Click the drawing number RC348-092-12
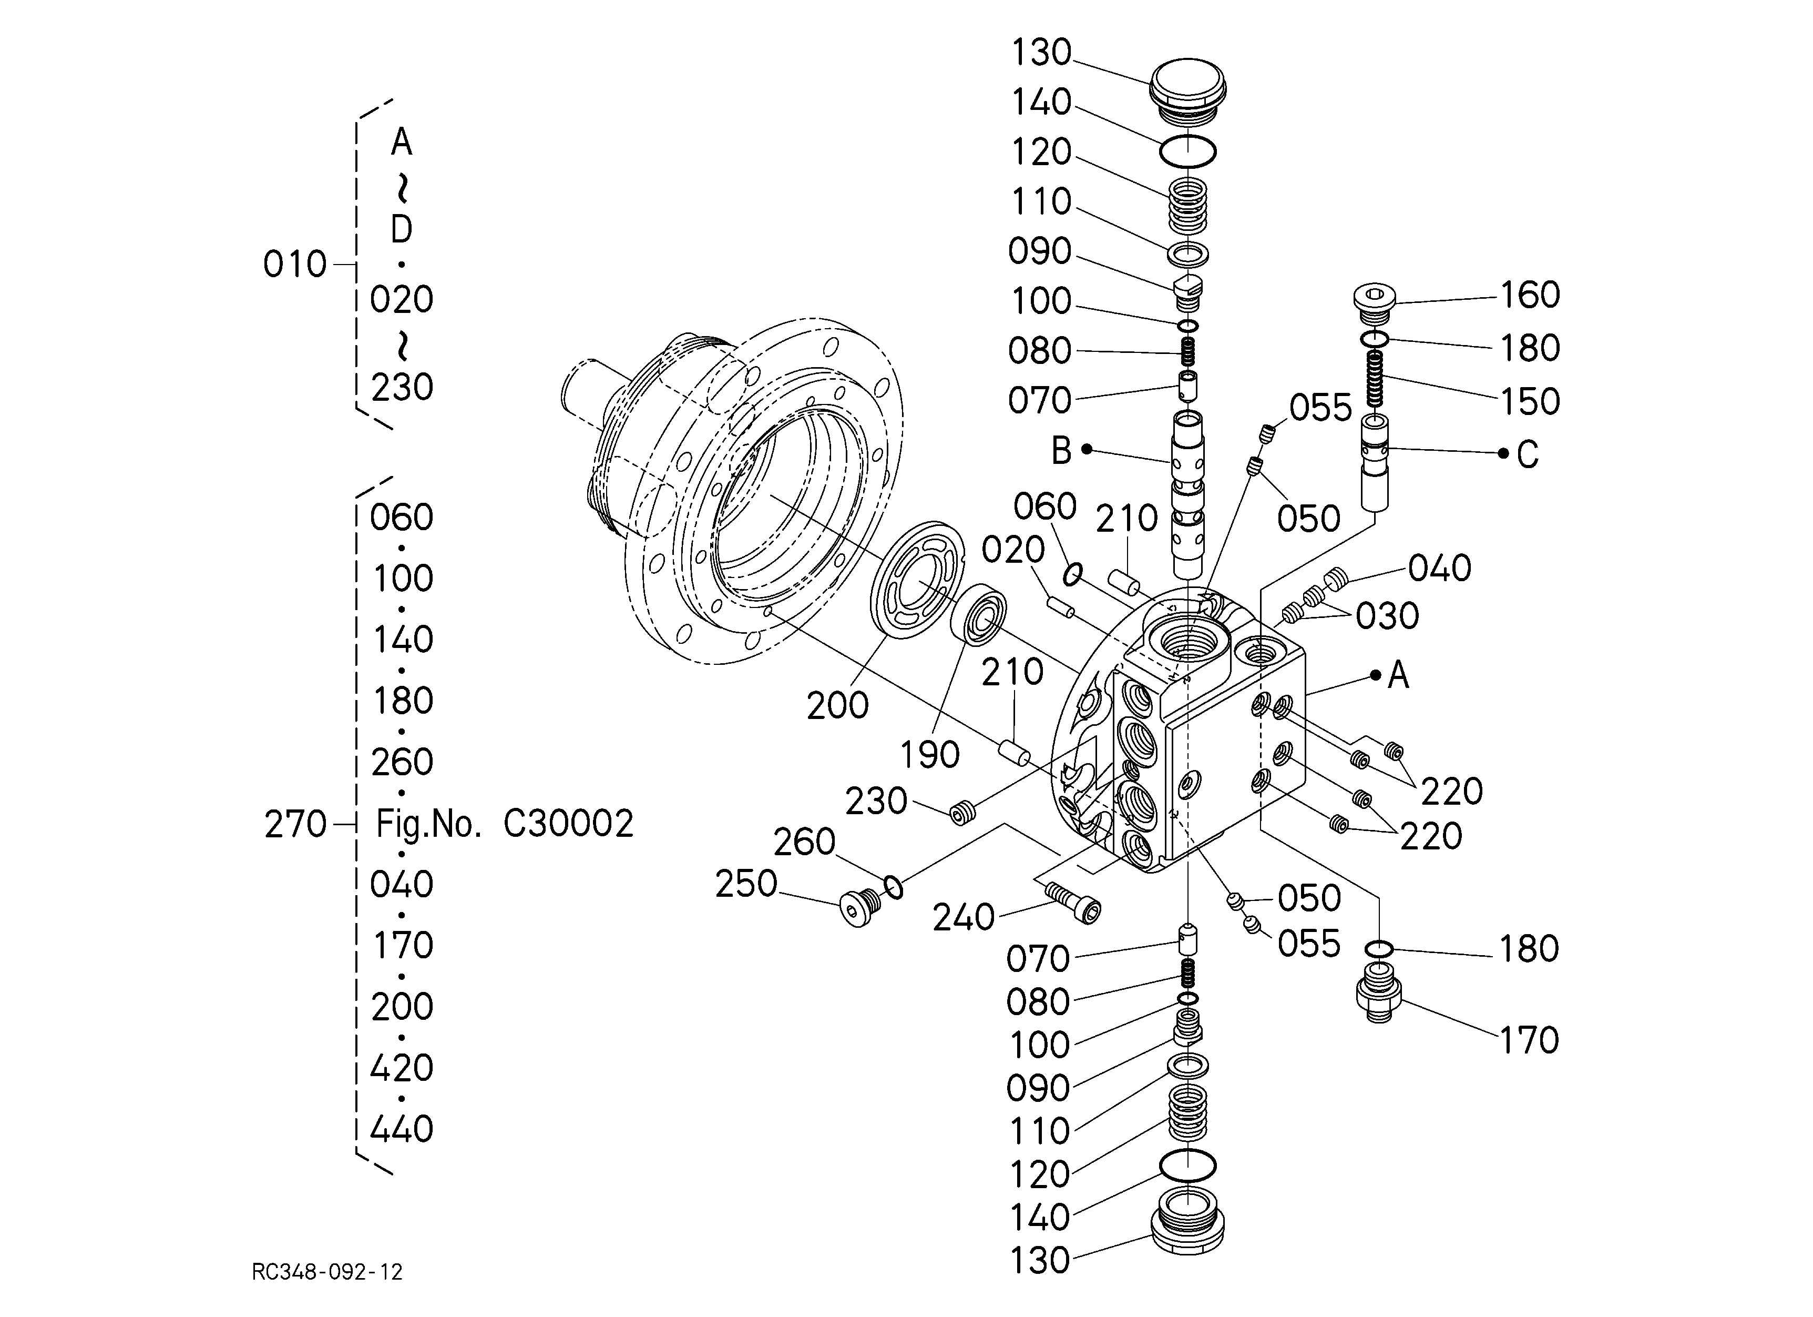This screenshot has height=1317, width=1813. [x=327, y=1271]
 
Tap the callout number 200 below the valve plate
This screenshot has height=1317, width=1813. [x=837, y=705]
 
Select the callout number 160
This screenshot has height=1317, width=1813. [x=1529, y=295]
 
